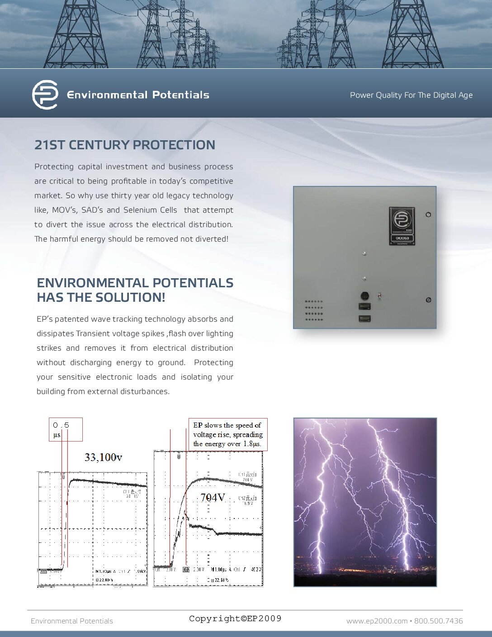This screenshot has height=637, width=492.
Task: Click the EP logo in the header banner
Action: coord(45,95)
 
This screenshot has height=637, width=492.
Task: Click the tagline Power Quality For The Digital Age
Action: coord(411,95)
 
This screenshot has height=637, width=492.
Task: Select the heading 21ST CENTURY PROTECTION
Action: coord(125,145)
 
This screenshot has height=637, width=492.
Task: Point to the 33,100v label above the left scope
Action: coord(103,457)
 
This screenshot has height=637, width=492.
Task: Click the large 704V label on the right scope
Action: coord(213,498)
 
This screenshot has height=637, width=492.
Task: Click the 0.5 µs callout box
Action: coord(66,429)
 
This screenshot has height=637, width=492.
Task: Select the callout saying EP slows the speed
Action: coord(227,434)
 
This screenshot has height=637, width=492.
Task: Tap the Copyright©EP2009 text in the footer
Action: coord(235,618)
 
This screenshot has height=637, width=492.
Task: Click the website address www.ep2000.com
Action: coord(377,621)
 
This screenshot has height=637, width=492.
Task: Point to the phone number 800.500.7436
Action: coord(438,621)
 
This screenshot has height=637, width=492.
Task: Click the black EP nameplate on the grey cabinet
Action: coord(402,226)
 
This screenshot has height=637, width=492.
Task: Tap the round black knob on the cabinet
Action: coord(364,296)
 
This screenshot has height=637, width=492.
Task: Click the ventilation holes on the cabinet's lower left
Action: coord(314,310)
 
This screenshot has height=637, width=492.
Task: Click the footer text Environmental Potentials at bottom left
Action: coord(72,621)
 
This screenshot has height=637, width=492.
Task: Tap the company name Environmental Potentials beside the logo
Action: coord(138,95)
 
